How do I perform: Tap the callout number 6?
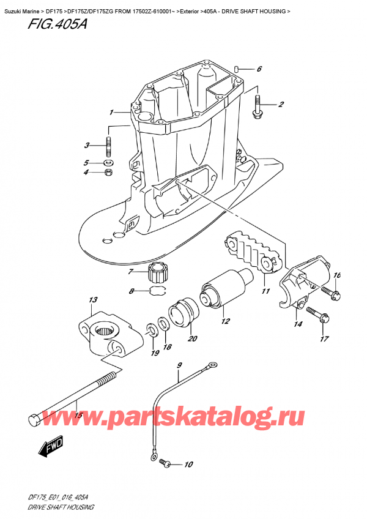tap(259, 69)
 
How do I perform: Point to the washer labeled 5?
tap(109, 163)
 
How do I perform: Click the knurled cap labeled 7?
tap(158, 269)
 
